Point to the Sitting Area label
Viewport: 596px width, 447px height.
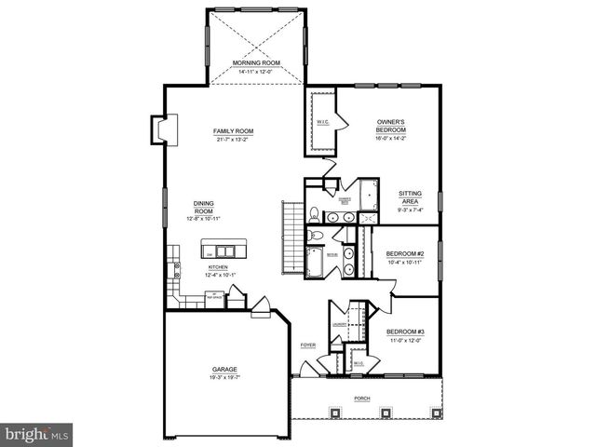410,198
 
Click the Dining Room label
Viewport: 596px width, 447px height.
204,209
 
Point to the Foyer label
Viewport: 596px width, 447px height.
308,345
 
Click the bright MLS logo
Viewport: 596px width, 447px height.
37,433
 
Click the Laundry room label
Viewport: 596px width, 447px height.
335,323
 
